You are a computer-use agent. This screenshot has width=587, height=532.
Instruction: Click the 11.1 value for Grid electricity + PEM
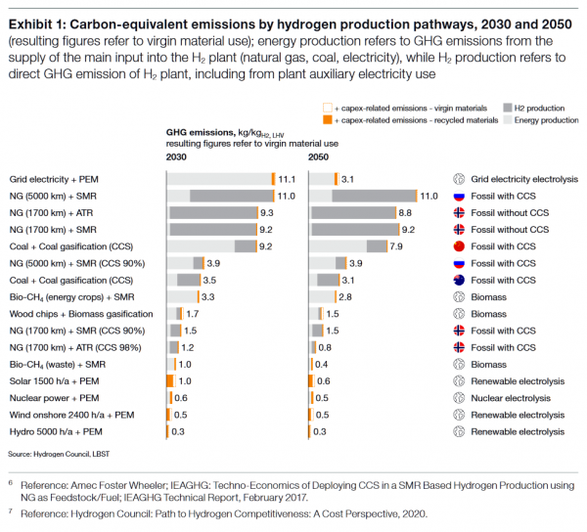click(287, 180)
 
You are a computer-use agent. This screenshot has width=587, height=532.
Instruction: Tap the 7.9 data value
click(395, 246)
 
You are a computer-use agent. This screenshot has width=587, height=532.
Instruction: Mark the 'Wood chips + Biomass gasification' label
click(81, 314)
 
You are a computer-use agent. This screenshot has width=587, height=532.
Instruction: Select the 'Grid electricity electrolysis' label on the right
click(524, 180)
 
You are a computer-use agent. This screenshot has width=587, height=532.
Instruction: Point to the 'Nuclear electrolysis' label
click(513, 398)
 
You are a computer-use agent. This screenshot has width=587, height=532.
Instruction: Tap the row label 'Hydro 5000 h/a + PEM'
click(55, 431)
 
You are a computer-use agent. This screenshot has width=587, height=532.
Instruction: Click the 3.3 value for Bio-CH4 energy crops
click(207, 296)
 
